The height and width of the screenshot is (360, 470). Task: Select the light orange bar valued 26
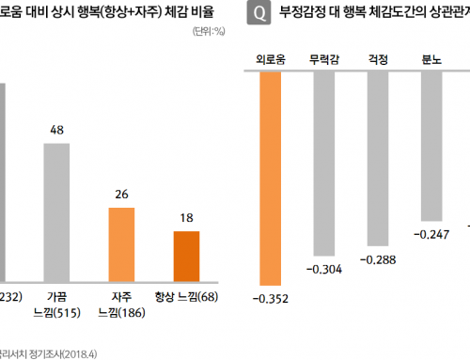pos(122,243)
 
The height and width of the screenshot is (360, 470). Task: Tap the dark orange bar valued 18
pos(187,254)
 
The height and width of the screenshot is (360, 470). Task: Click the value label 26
pos(122,194)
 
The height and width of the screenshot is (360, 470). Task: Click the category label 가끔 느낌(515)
pos(57,303)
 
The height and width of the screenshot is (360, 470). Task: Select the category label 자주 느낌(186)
pos(122,303)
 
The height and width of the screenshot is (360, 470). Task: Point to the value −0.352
pos(270,299)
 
